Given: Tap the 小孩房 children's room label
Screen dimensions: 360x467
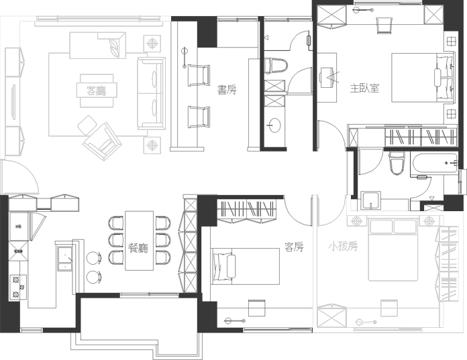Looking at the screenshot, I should click(343, 246).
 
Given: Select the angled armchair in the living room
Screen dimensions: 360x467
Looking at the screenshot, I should click(102, 141).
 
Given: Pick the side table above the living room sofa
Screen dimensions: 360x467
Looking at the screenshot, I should click(153, 44).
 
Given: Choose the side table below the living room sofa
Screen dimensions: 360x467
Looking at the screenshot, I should click(153, 145).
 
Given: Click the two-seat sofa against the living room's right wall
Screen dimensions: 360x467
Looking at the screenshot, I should click(152, 93).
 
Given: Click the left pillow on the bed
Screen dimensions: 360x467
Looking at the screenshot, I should click(381, 227).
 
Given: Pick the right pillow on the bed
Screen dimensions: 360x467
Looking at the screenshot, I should click(405, 227).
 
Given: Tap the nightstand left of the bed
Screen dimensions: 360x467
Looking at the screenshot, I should click(355, 221).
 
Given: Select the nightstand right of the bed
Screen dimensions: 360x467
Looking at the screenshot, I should click(428, 221).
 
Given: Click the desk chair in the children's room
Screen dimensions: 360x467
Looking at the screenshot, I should click(389, 308).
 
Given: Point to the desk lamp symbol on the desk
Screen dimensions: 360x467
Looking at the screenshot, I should click(366, 322).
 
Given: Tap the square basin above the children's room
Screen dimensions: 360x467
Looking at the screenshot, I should click(370, 200).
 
